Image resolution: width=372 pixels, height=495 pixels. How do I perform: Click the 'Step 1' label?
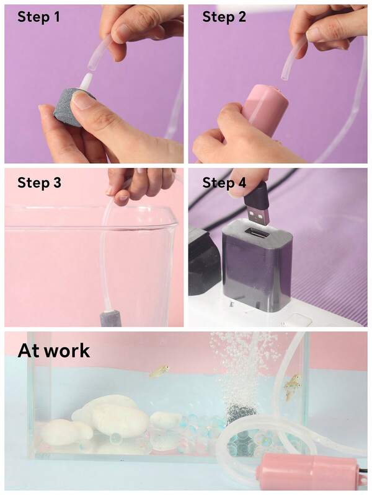tap(38, 17)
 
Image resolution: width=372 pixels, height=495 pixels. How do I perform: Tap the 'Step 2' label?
tap(224, 17)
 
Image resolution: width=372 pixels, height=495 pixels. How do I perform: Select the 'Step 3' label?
tap(39, 183)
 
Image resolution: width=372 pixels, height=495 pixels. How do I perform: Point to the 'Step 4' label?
tap(224, 183)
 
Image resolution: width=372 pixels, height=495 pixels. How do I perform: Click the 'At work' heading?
tap(54, 351)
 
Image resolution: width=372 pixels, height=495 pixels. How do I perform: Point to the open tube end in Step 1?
tap(91, 67)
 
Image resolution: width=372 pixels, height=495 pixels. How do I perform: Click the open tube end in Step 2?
tap(285, 77)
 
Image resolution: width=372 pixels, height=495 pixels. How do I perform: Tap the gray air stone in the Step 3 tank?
tap(110, 318)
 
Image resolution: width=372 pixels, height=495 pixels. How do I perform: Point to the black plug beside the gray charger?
tap(204, 262)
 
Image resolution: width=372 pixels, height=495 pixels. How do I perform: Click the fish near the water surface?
tap(159, 370)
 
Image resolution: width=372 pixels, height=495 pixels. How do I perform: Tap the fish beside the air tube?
tap(292, 387)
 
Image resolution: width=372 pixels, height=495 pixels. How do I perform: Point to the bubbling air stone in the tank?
tap(239, 413)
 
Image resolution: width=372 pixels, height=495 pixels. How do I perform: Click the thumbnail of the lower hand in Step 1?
tap(82, 100)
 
